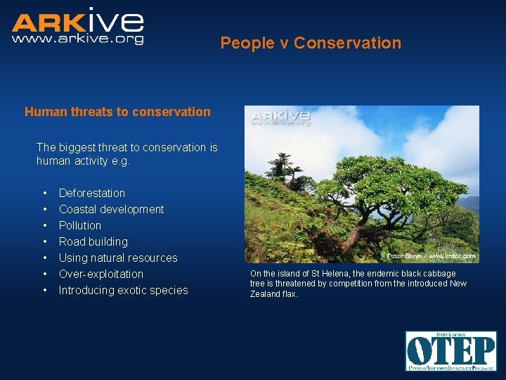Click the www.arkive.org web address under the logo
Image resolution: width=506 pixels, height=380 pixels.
click(77, 39)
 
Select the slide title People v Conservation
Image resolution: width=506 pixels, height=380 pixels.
click(311, 43)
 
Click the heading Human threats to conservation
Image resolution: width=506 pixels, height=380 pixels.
click(117, 111)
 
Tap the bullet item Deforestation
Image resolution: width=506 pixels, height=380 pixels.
click(92, 193)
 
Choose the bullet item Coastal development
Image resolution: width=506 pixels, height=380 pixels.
click(111, 209)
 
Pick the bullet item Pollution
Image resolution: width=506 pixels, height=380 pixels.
click(80, 225)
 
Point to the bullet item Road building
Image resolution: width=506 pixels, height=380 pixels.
click(93, 241)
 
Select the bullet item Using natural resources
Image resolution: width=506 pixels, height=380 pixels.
click(118, 258)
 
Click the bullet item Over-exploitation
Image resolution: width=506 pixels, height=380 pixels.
click(101, 274)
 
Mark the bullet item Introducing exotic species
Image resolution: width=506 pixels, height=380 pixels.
click(124, 290)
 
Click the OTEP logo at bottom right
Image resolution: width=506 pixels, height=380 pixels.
click(450, 350)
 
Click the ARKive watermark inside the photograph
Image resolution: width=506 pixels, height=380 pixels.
click(280, 117)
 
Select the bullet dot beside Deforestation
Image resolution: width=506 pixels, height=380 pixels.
click(45, 193)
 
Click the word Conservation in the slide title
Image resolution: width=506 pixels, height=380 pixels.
click(347, 43)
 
